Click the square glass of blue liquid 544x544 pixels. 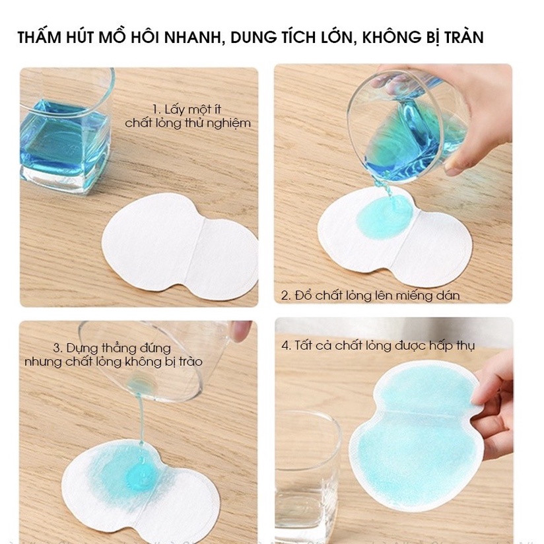pyautogui.click(x=63, y=132)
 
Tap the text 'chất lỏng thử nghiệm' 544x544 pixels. pyautogui.click(x=188, y=123)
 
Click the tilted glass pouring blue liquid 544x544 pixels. pyautogui.click(x=403, y=125)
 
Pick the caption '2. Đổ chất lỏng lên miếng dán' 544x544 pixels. pyautogui.click(x=370, y=295)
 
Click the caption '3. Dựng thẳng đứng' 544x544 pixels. pyautogui.click(x=112, y=348)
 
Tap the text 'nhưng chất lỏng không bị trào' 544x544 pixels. pyautogui.click(x=114, y=362)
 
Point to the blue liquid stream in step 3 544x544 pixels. pyautogui.click(x=140, y=423)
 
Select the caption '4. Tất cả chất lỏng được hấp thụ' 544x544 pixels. pyautogui.click(x=378, y=345)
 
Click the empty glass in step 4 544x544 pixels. pyautogui.click(x=305, y=462)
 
